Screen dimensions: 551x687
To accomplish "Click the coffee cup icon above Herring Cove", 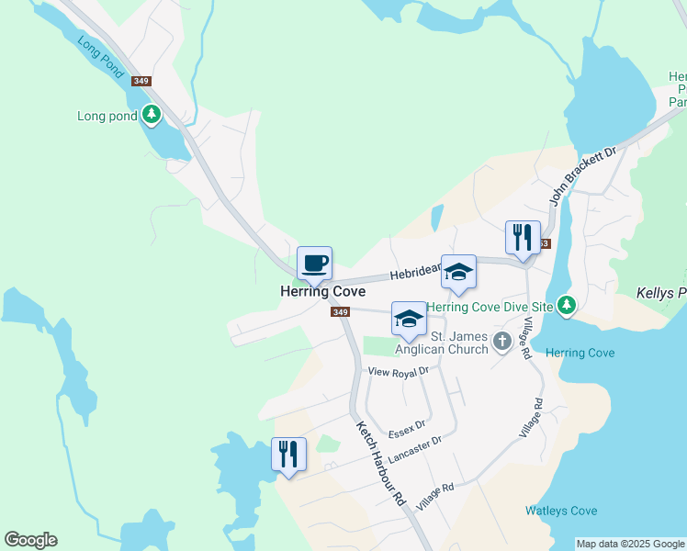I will (314, 264).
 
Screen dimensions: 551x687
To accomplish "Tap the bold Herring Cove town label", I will (322, 291).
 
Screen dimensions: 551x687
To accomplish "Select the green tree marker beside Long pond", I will (152, 116).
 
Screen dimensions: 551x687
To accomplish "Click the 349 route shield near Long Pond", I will (141, 81).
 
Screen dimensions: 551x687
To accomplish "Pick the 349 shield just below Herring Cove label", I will (340, 312).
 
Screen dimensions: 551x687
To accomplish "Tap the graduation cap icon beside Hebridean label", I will (458, 273).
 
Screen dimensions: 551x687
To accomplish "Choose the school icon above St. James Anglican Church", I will (409, 320).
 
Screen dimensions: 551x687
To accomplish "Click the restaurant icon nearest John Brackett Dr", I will (523, 238).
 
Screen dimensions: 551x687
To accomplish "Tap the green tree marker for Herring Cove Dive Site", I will (567, 304).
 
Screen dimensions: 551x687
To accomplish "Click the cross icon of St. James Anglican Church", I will (501, 342).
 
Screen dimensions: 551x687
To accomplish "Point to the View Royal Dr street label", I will (399, 372).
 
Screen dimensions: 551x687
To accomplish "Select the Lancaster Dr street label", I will (417, 448).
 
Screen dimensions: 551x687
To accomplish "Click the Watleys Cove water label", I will (561, 511).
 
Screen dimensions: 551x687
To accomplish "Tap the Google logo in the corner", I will (30, 540).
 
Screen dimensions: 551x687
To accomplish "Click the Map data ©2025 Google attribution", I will (630, 544).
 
